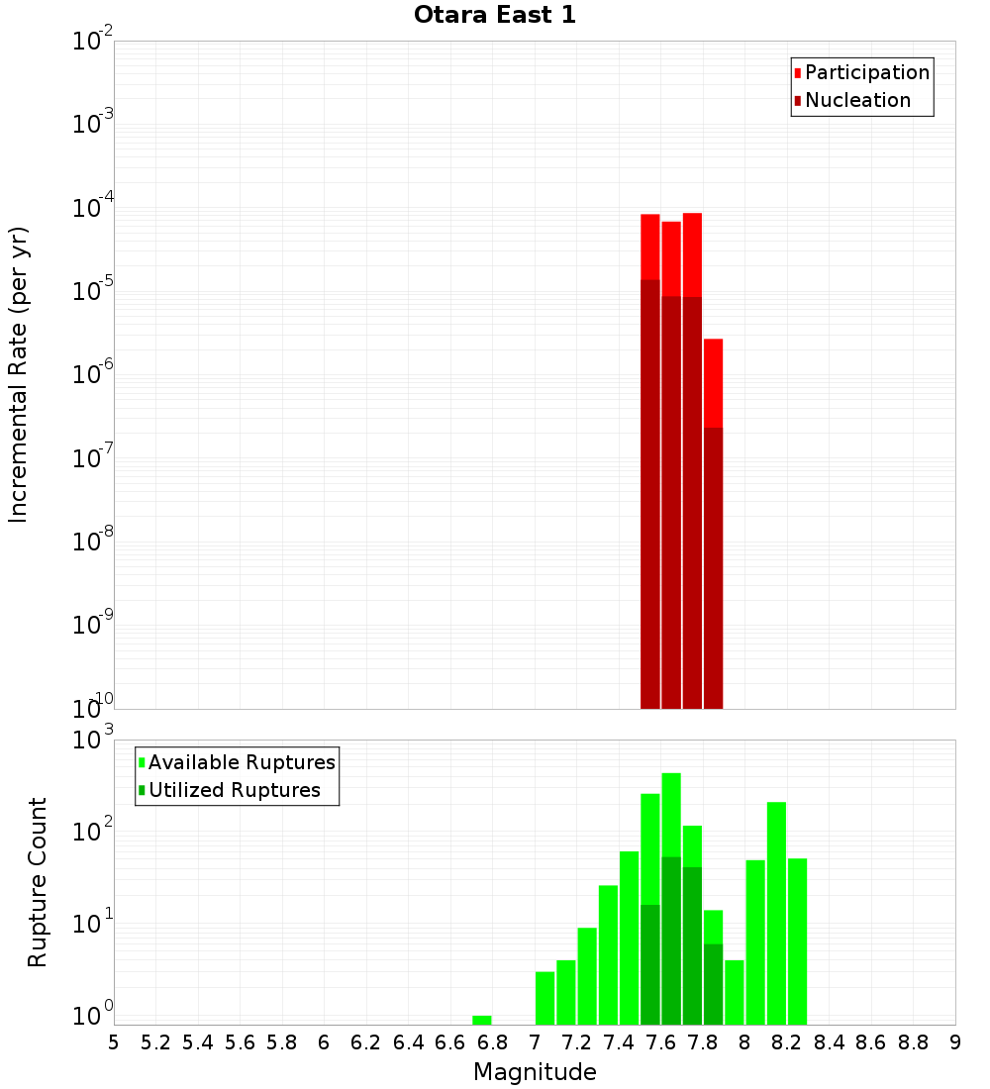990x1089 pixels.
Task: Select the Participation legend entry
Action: [867, 72]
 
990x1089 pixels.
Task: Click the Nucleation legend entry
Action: [857, 100]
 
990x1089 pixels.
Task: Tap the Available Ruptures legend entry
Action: [242, 762]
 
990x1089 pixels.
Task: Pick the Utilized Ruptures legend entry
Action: [234, 790]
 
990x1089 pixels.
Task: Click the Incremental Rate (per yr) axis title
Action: [19, 375]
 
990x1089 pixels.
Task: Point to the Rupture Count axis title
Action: [38, 882]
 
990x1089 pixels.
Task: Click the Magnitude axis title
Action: [535, 1071]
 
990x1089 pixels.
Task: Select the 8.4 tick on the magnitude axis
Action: [829, 1041]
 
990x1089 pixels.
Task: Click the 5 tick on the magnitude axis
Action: [114, 1041]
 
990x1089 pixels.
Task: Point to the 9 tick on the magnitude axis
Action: [955, 1041]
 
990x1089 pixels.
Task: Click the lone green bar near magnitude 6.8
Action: [482, 1020]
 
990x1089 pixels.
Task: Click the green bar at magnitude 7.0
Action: [544, 998]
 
